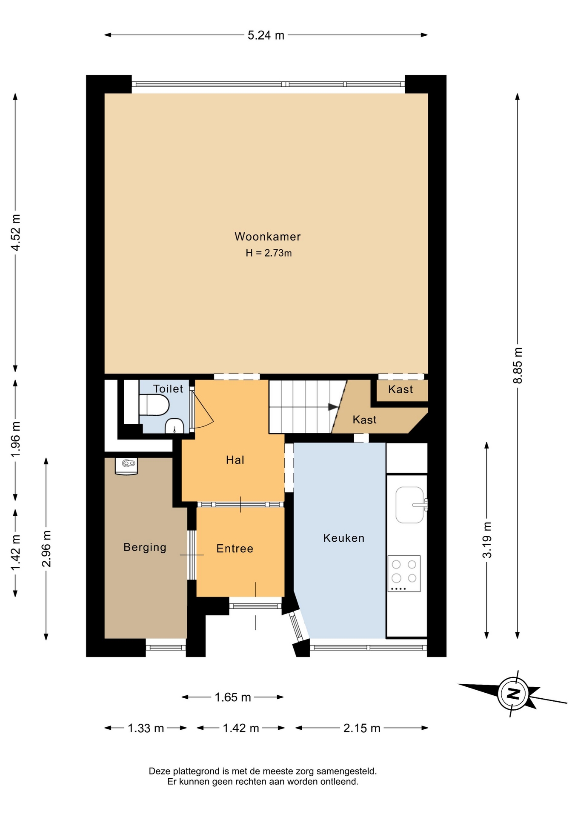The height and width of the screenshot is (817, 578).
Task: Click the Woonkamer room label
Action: pos(267,237)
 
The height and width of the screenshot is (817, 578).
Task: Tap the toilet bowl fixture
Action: pos(154,405)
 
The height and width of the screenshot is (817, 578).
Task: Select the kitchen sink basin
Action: pos(410,505)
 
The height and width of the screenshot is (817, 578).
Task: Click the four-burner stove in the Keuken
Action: pos(403,573)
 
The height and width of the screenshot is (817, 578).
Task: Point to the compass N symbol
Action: pos(513,694)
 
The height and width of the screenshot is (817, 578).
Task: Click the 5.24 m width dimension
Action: pos(266,35)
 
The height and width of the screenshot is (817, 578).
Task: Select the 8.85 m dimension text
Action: pos(518,366)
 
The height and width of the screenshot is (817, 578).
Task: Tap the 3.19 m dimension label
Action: pos(487,540)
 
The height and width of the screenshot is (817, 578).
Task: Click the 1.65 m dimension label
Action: pos(233,697)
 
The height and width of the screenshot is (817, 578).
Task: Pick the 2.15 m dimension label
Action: pos(362,728)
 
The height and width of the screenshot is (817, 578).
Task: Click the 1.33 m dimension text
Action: pos(146,728)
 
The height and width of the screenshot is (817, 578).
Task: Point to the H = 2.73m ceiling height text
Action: pos(269,253)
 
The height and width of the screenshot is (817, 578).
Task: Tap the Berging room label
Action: pos(145,547)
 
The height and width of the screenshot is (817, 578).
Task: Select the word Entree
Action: pos(235,548)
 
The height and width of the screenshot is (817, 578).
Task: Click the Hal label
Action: pos(235,460)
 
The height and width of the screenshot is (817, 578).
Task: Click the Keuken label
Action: pos(344,538)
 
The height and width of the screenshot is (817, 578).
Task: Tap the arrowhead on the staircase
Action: pos(333,407)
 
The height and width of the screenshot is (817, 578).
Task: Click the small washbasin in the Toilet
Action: pos(174,426)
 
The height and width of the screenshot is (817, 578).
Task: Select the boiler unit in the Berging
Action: pos(126,466)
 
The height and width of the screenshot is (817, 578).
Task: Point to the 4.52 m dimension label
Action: pos(15,232)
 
